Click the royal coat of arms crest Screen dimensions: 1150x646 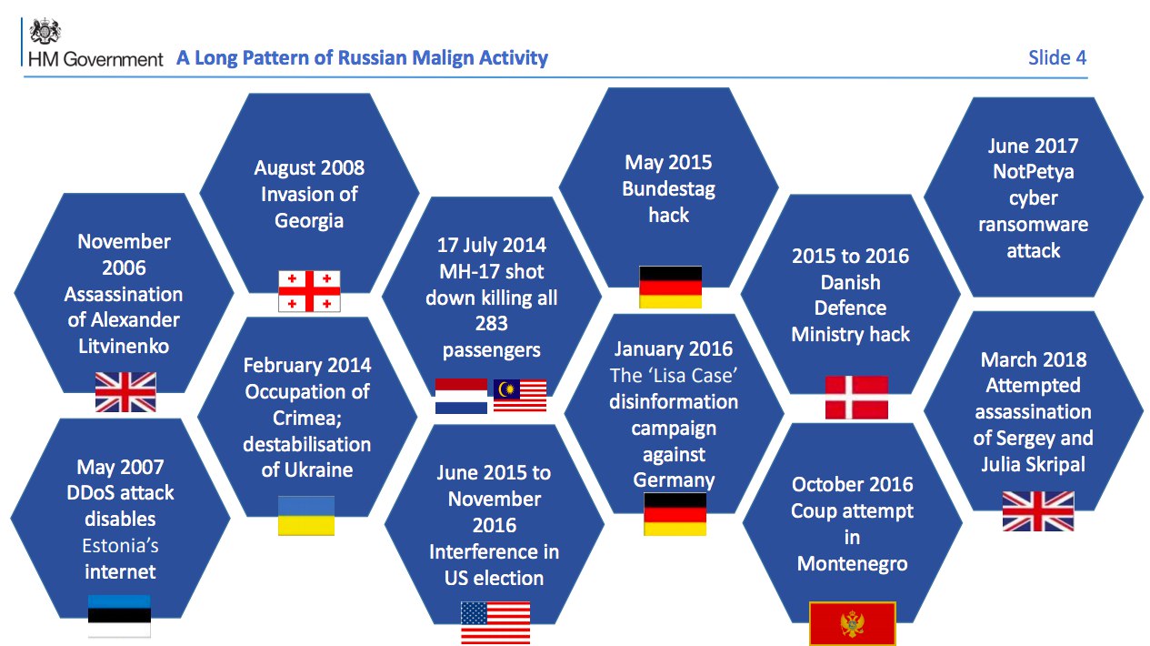tap(45, 31)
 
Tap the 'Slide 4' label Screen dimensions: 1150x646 tap(1057, 57)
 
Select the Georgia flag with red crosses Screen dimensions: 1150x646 tap(309, 291)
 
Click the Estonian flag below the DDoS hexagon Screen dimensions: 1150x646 tap(119, 616)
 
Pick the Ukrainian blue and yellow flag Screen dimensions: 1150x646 tap(306, 516)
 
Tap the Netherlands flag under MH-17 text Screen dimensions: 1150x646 tap(461, 396)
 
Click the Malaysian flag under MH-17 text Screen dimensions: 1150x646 tap(520, 395)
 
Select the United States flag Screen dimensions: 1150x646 tap(495, 623)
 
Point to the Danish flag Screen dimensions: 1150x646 tap(856, 398)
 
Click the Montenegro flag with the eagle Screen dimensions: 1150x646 tap(852, 623)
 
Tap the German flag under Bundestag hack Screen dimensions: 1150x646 tap(670, 287)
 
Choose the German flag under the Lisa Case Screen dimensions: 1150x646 tap(675, 514)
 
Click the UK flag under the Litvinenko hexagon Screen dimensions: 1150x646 tap(125, 392)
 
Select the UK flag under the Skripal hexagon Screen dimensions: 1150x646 tap(1038, 510)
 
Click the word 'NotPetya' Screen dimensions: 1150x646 tap(1033, 172)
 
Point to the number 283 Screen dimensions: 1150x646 tap(491, 323)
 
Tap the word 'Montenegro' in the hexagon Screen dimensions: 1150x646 tap(852, 564)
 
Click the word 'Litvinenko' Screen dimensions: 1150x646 tap(124, 347)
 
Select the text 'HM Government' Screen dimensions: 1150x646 tap(95, 59)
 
